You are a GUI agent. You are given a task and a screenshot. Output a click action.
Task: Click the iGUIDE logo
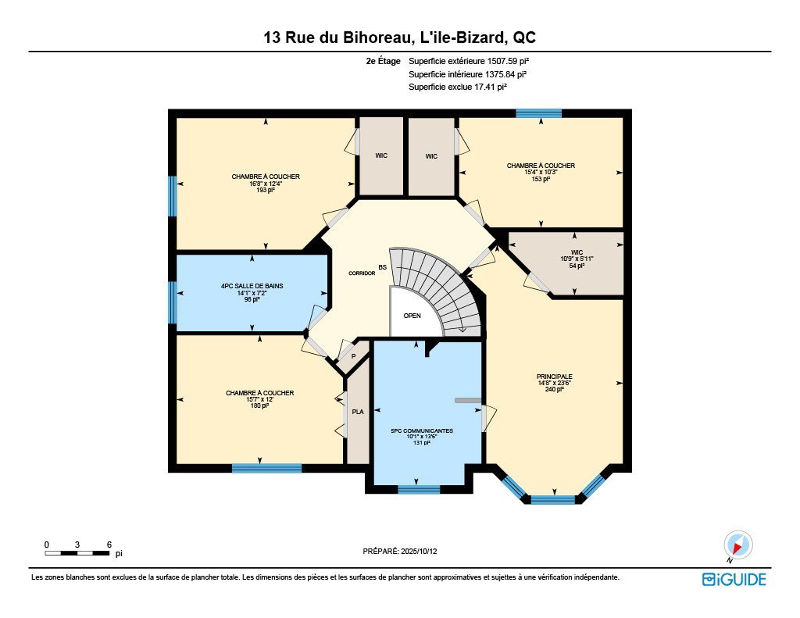click(734, 579)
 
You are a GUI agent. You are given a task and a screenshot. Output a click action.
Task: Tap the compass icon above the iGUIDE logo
click(737, 545)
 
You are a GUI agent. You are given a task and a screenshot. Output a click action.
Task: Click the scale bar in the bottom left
click(77, 553)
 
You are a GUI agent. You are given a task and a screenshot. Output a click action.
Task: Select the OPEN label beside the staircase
click(412, 316)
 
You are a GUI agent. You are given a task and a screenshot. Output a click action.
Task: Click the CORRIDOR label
click(362, 273)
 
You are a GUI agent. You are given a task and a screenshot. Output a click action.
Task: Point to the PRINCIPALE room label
click(554, 377)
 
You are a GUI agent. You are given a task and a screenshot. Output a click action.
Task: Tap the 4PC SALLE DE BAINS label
click(252, 286)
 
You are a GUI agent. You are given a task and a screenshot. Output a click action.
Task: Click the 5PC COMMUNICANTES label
click(422, 430)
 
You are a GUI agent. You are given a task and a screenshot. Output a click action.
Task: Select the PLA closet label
click(358, 412)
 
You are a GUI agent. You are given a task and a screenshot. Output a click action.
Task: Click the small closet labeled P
click(354, 356)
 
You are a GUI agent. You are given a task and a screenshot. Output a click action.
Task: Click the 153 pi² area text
click(541, 179)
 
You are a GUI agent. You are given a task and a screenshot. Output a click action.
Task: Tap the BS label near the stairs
click(382, 267)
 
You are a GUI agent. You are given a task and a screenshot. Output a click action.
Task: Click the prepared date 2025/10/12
click(419, 551)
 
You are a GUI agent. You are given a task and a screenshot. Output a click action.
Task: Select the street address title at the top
click(399, 38)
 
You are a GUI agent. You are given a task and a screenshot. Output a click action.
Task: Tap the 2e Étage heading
click(383, 61)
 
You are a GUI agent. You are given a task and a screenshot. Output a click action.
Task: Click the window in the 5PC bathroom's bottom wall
click(419, 490)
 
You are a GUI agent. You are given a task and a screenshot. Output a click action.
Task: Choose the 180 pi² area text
click(259, 406)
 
